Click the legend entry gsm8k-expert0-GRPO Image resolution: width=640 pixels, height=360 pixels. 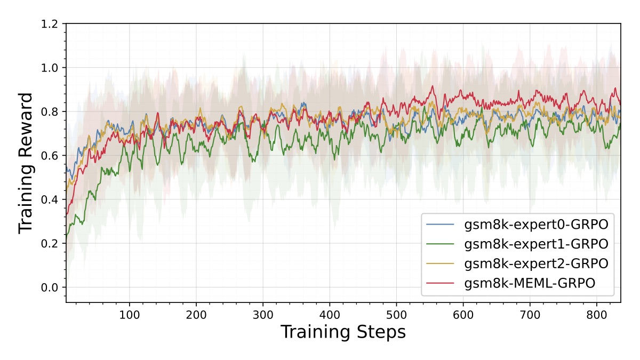pyautogui.click(x=536, y=225)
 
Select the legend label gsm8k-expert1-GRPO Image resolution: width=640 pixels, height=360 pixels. pyautogui.click(x=536, y=244)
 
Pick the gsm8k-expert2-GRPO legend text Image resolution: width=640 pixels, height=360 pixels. pyautogui.click(x=536, y=263)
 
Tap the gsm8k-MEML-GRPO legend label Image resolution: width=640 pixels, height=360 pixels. pyautogui.click(x=530, y=283)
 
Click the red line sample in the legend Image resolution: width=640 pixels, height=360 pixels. pyautogui.click(x=440, y=283)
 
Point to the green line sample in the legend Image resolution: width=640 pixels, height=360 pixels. pyautogui.click(x=440, y=244)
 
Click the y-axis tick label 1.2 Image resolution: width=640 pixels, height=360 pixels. pyautogui.click(x=49, y=24)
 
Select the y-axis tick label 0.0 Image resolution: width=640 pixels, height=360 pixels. pyautogui.click(x=49, y=287)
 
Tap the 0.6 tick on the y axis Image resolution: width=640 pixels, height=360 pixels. pyautogui.click(x=49, y=156)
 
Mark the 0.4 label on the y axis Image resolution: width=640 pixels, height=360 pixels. pyautogui.click(x=49, y=199)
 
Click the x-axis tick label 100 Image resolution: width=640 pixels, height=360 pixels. pyautogui.click(x=130, y=315)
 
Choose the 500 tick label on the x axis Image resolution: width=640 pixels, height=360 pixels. pyautogui.click(x=397, y=315)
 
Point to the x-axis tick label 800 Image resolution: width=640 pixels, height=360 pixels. pyautogui.click(x=597, y=315)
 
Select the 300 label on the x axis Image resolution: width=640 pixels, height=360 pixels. pyautogui.click(x=263, y=315)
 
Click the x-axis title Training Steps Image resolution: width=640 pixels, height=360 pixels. pyautogui.click(x=343, y=332)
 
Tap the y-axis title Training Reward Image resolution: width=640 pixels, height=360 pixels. pyautogui.click(x=26, y=163)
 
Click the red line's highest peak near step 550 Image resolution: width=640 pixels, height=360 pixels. pyautogui.click(x=433, y=86)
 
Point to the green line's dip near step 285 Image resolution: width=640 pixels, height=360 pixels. pyautogui.click(x=253, y=162)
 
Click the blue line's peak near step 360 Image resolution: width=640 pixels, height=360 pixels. pyautogui.click(x=303, y=103)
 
